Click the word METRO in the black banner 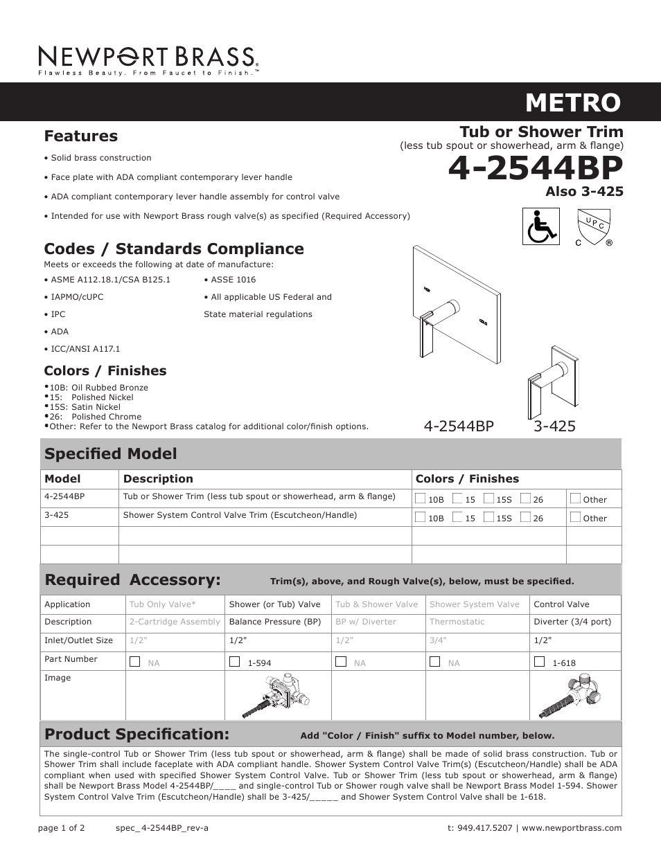573,102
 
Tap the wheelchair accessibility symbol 540,226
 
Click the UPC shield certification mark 594,228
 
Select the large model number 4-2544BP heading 535,168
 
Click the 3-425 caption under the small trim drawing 554,426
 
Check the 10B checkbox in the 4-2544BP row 421,498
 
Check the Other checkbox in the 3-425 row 575,516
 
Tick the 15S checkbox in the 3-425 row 489,516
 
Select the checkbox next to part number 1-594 234,661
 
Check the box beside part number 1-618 539,661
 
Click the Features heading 80,136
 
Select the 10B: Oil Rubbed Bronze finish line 98,388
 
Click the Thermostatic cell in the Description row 457,622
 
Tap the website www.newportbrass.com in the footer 572,828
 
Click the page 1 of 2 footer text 62,828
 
